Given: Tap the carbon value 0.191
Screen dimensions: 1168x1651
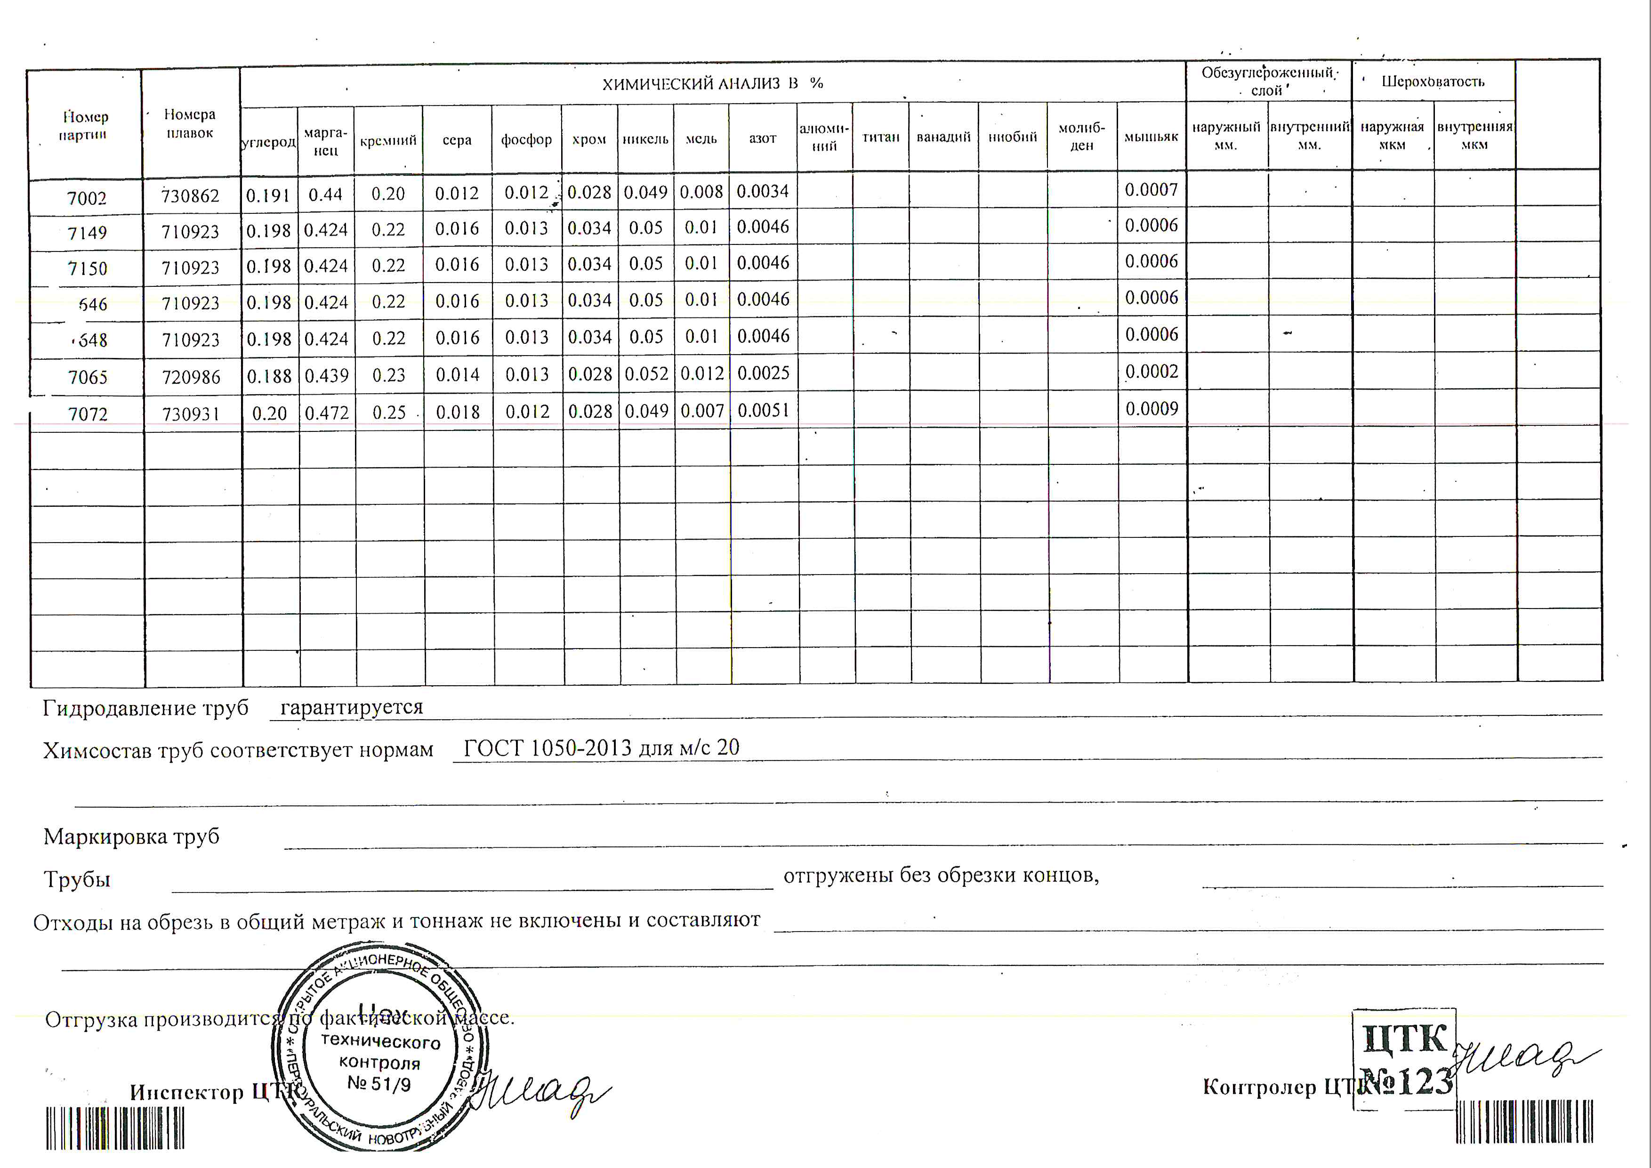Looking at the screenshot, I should [267, 195].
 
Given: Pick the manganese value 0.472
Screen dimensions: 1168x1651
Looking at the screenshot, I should [326, 413].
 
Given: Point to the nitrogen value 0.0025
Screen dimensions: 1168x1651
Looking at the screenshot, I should [763, 373].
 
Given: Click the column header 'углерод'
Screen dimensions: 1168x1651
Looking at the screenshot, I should [268, 142].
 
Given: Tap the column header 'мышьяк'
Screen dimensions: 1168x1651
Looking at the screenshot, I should [1151, 137].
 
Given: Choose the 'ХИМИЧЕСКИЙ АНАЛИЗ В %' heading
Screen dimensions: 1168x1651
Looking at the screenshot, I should [712, 83].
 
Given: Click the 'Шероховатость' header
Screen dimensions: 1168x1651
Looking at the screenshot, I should [1433, 81].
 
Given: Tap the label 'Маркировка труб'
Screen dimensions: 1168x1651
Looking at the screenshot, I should [132, 836].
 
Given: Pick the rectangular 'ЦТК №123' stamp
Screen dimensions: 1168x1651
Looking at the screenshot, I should [1404, 1059].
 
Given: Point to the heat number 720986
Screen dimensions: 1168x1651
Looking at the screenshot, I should [191, 377].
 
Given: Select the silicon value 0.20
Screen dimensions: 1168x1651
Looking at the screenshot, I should [388, 194].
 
